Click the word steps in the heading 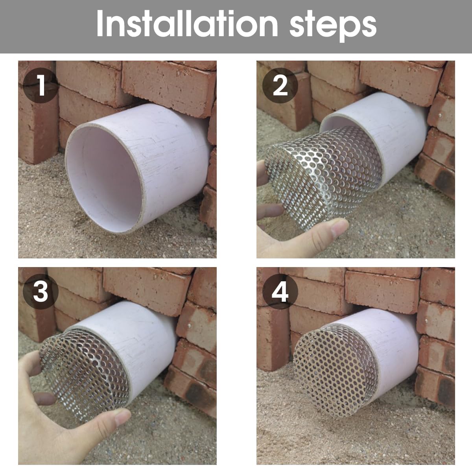pyautogui.click(x=333, y=24)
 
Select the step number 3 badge pyautogui.click(x=41, y=293)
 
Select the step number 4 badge pyautogui.click(x=280, y=293)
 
